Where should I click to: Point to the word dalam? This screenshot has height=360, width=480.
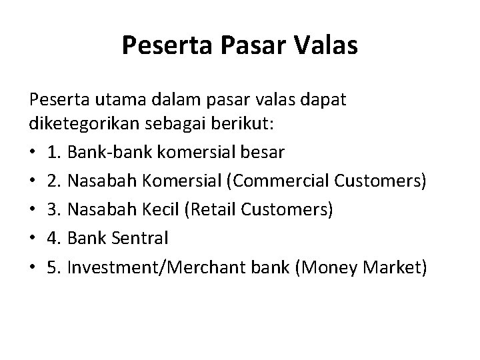pyautogui.click(x=177, y=101)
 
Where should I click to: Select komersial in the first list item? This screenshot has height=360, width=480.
pyautogui.click(x=207, y=153)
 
